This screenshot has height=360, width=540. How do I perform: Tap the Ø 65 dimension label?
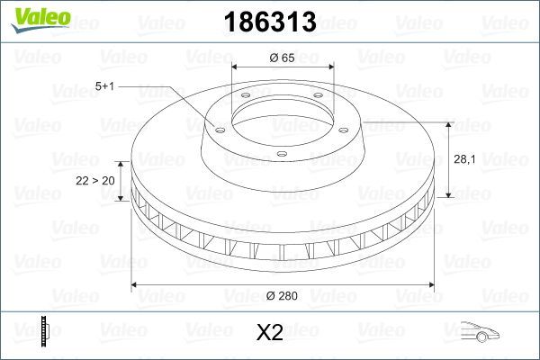coord(283,58)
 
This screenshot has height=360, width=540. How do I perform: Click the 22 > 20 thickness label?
coord(94,180)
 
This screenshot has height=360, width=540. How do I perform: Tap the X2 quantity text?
coord(270,334)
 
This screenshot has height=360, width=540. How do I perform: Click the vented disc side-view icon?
coord(44,332)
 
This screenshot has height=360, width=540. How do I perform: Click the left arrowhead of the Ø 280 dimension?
coord(137,285)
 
